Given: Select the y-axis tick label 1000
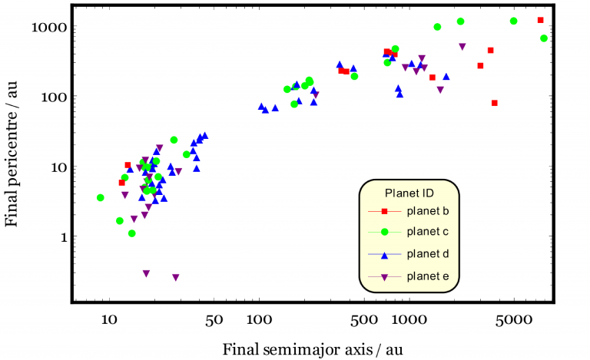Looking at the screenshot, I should [53, 27].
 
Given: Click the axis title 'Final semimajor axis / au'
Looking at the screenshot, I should [312, 349].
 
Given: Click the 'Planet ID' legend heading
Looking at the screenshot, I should [409, 192].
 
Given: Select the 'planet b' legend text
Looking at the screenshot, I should [428, 210].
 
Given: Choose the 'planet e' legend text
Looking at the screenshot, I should [428, 276].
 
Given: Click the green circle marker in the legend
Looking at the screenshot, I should [385, 233].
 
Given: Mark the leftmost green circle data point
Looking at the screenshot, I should [100, 198].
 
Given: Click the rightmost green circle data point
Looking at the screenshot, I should [544, 38].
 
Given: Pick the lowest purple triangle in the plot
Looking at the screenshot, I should [176, 278].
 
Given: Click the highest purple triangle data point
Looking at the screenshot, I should [462, 47].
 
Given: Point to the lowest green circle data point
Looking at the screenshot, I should [131, 233].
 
